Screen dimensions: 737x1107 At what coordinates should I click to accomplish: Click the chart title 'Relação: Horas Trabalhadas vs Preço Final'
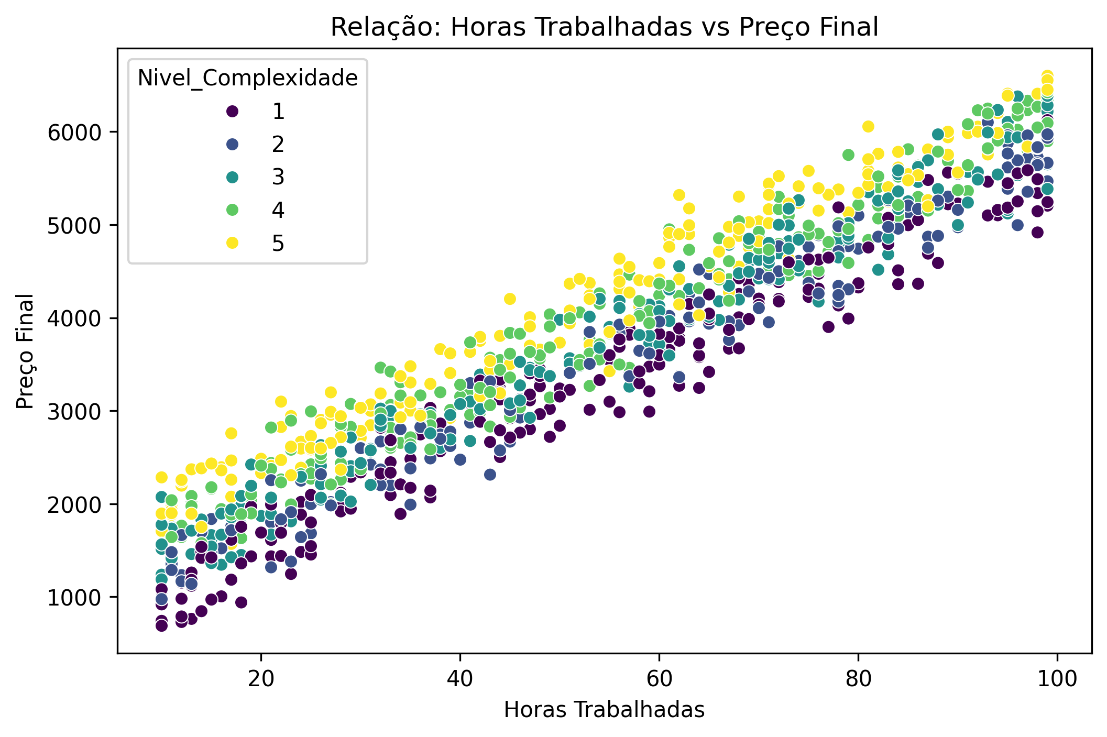(x=604, y=27)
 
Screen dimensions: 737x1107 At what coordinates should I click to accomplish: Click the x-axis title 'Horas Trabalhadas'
(x=604, y=710)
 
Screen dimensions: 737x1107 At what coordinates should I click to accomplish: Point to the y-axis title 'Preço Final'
(x=25, y=351)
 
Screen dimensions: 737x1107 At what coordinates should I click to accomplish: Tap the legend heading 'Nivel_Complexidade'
(x=247, y=78)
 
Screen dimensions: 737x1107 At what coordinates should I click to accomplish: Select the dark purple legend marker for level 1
(x=232, y=111)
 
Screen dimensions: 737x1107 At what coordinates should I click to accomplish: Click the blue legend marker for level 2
(x=232, y=144)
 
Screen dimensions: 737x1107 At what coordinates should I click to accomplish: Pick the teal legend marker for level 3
(x=232, y=177)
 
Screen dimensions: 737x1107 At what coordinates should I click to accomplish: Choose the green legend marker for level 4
(x=232, y=210)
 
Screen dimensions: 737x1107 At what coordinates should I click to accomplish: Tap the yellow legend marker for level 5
(x=232, y=243)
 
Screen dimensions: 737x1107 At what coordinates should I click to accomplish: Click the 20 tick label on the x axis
(x=261, y=679)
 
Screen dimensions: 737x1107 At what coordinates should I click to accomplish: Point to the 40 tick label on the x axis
(x=460, y=679)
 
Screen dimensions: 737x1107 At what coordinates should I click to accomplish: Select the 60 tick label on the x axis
(x=659, y=679)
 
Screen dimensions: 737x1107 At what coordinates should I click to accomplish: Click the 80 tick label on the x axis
(x=858, y=679)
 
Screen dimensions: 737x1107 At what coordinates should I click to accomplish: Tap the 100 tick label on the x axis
(x=1057, y=679)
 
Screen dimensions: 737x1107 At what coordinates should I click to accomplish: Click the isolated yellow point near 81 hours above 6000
(x=868, y=126)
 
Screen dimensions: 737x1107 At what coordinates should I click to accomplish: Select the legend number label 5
(x=278, y=243)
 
